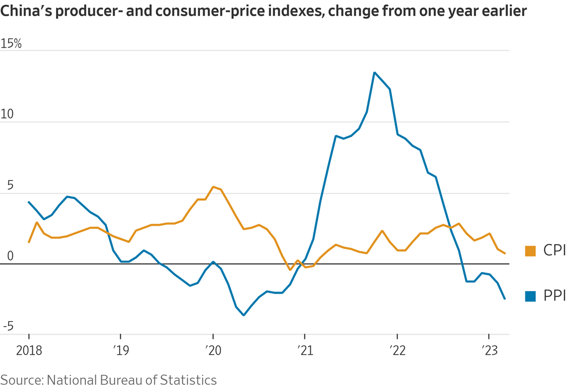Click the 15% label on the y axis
coord(11,44)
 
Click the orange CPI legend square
coord(530,251)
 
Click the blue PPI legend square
coord(530,296)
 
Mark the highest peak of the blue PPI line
coord(375,73)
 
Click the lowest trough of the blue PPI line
coord(244,315)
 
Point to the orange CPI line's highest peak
coord(213,187)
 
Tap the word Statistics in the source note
coord(188,380)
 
